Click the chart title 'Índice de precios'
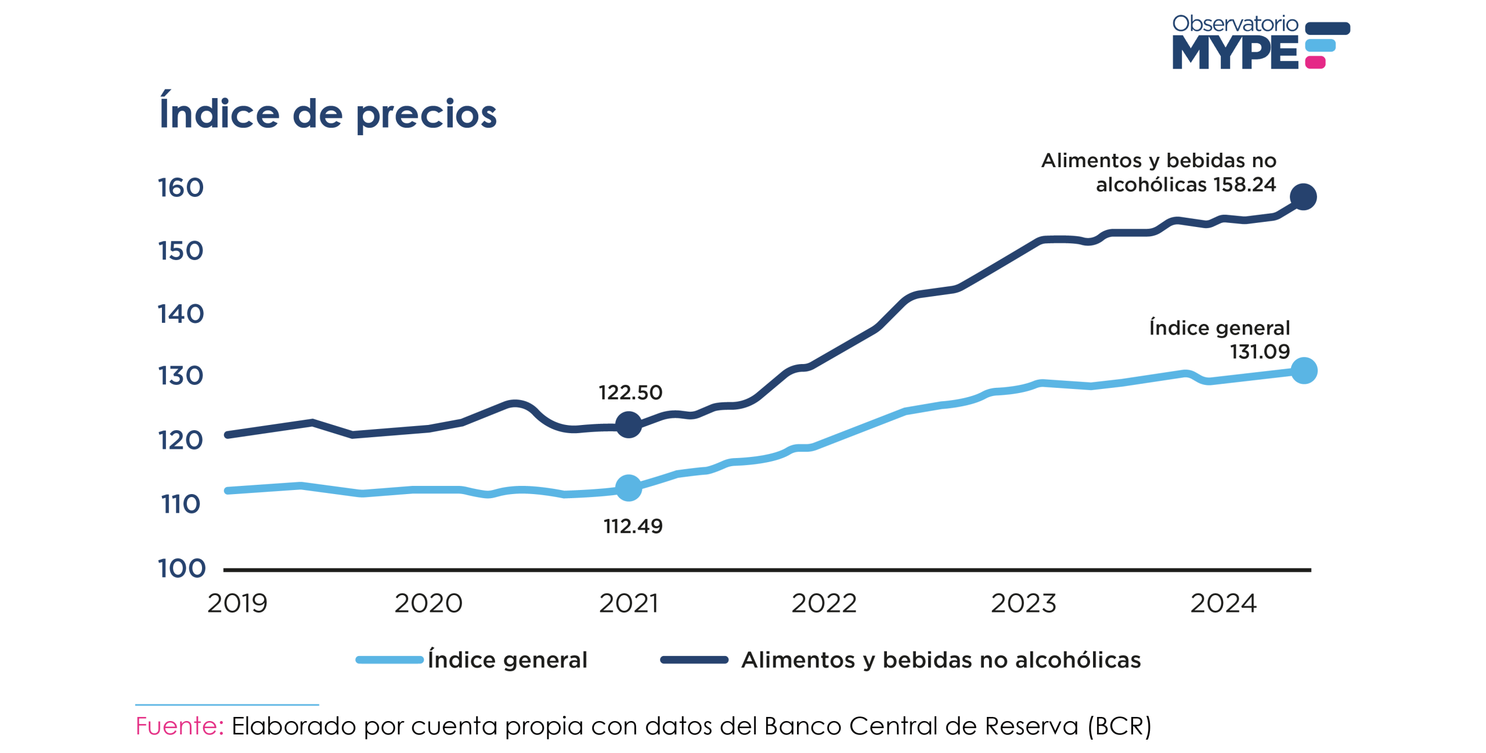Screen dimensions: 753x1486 pos(328,113)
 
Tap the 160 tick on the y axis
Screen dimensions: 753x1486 pos(181,188)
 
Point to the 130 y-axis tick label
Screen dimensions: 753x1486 pos(181,376)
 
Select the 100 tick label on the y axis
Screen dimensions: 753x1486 pos(182,568)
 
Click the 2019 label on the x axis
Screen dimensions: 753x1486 pos(237,604)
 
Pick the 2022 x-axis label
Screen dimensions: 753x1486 pos(824,604)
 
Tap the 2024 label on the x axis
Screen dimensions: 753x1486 pos(1223,604)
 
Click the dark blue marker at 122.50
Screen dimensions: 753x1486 pos(628,425)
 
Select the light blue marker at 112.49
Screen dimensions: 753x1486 pos(628,488)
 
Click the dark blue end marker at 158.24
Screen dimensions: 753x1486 pos(1303,197)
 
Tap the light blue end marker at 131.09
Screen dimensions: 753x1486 pos(1304,371)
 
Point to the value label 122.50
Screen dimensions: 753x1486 pos(630,393)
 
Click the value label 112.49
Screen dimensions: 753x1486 pos(633,527)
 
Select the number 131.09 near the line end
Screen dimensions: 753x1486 pos(1260,352)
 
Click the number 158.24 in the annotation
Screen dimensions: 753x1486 pos(1244,185)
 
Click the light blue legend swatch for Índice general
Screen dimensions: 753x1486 pos(389,660)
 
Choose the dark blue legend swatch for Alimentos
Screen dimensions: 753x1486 pos(694,660)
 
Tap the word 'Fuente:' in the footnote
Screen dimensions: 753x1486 pos(179,726)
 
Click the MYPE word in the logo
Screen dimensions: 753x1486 pos(1235,52)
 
